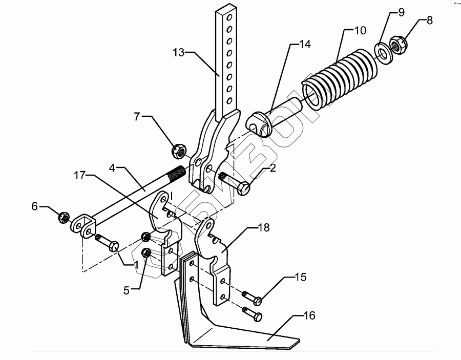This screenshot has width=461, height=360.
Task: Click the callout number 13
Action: click(179, 52)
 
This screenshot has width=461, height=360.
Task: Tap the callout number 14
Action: click(305, 45)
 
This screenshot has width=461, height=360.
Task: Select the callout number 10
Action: click(360, 30)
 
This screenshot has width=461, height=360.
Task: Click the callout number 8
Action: click(429, 21)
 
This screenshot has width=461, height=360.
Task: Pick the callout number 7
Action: click(137, 117)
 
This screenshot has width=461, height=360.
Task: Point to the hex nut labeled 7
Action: click(177, 151)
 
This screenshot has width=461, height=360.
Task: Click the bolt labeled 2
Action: click(235, 182)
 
